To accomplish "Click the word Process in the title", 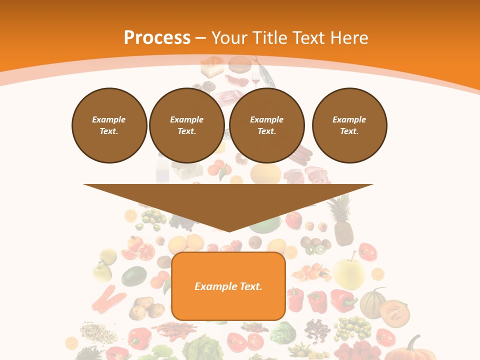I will tap(157, 37).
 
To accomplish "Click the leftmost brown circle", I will tap(109, 125).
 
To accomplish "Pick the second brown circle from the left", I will tap(186, 125).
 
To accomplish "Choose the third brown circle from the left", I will tap(266, 125).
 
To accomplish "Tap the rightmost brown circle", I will tap(349, 125).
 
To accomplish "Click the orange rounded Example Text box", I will tap(228, 286).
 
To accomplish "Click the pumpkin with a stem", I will tap(410, 350).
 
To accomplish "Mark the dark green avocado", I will tap(134, 276).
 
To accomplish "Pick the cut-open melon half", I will tap(395, 312).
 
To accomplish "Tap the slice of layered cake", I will tap(212, 67).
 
